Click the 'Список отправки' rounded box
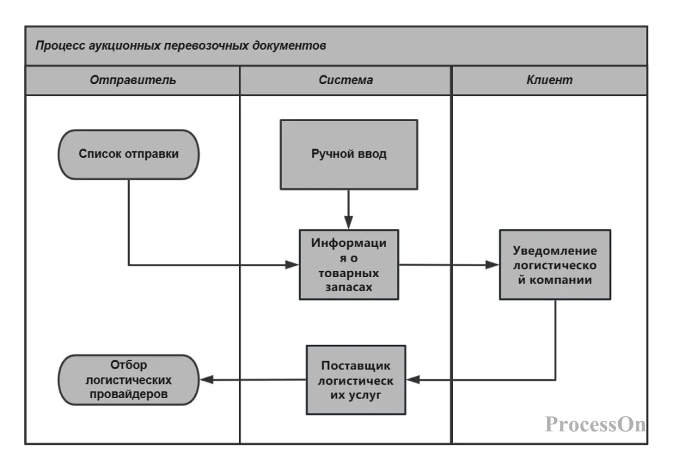129,154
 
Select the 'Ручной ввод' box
349,154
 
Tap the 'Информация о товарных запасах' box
349,264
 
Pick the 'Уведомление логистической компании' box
555,264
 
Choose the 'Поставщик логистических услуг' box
356,380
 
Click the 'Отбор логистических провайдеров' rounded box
129,380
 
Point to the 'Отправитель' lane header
133,80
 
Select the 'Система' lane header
345,80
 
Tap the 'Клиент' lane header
549,80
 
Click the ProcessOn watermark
595,424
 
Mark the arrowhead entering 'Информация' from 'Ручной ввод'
349,224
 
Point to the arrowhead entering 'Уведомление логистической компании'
493,265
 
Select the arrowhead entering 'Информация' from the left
293,265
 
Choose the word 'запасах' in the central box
349,286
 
